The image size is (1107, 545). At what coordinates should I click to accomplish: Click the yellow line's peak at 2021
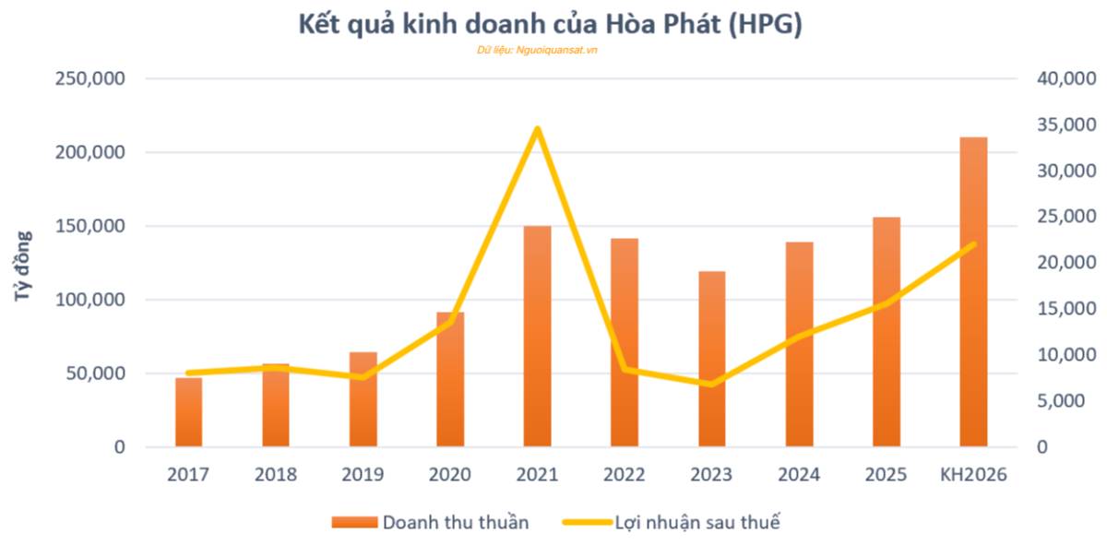coord(537,129)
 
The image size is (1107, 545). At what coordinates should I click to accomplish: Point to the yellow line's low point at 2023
coord(711,384)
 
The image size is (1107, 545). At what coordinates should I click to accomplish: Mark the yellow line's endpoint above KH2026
coord(973,244)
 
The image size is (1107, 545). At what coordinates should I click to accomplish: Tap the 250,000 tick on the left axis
coord(90,79)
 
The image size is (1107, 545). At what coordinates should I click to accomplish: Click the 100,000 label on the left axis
coord(90,301)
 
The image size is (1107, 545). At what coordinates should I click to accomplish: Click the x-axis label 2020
coord(450,475)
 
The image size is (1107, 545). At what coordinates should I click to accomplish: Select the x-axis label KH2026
coord(973,475)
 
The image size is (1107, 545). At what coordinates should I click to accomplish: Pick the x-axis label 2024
coord(799,475)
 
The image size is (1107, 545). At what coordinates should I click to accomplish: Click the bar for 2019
coord(363,399)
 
